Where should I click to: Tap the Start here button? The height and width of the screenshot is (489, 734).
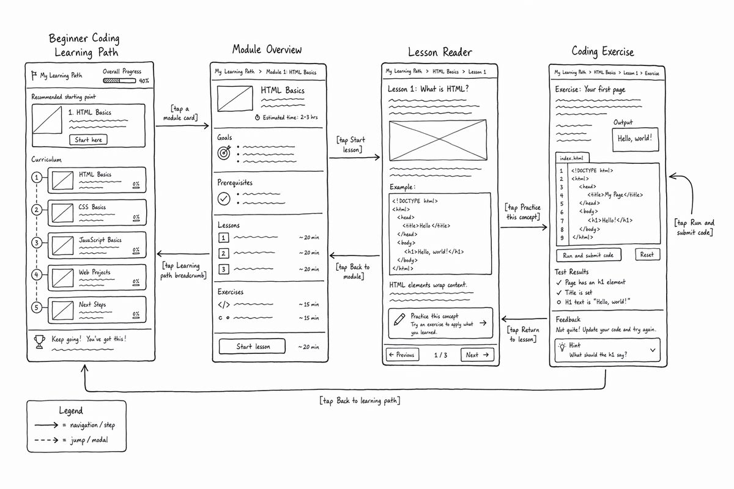88,139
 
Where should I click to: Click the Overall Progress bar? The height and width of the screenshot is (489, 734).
119,81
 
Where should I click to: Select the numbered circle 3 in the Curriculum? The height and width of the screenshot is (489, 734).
37,243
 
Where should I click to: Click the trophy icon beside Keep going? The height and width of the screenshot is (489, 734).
40,342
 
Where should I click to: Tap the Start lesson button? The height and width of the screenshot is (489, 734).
252,346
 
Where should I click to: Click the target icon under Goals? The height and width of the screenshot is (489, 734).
224,152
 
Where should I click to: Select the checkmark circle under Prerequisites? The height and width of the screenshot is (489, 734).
224,199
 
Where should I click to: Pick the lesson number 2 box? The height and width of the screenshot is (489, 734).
223,253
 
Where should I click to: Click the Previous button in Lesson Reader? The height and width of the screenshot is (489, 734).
402,355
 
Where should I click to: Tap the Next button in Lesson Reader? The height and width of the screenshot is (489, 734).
477,355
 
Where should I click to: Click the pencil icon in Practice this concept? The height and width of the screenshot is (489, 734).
399,319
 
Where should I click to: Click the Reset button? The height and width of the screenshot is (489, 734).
648,254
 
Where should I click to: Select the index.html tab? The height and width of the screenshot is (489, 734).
572,158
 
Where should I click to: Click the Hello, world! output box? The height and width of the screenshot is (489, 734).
636,139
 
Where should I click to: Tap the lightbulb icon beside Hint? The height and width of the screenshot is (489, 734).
562,347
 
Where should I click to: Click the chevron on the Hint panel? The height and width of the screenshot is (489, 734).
653,350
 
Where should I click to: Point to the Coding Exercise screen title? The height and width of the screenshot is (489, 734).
602,51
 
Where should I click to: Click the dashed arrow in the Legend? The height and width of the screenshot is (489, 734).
46,440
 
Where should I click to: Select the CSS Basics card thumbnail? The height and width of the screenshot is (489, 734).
62,213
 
